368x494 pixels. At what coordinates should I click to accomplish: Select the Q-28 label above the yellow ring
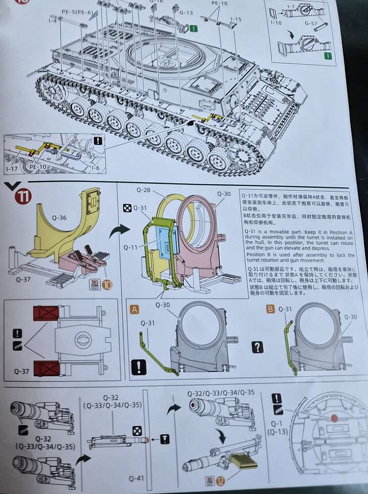click(143, 189)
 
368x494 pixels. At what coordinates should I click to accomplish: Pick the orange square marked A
click(134, 309)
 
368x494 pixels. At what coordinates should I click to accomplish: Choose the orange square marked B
click(271, 309)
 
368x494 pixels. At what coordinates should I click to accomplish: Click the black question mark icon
click(258, 347)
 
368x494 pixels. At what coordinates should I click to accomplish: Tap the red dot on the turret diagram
click(334, 418)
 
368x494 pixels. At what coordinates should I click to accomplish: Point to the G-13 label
click(186, 12)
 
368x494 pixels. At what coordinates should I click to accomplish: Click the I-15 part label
click(235, 19)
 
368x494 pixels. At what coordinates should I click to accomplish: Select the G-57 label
click(311, 23)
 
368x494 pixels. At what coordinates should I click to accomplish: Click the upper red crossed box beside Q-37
click(46, 313)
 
